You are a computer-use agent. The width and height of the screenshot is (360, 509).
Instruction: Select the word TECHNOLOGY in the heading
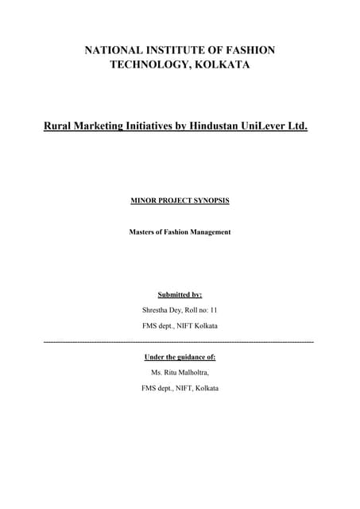point(148,64)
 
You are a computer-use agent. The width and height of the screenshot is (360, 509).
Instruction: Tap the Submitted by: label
point(180,295)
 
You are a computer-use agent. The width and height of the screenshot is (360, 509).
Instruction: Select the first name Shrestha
point(155,311)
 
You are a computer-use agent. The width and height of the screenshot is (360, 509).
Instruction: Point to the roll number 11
point(214,311)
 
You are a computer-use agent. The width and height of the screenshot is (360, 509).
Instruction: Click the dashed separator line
point(180,341)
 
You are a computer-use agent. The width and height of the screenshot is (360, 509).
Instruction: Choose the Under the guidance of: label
point(180,357)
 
